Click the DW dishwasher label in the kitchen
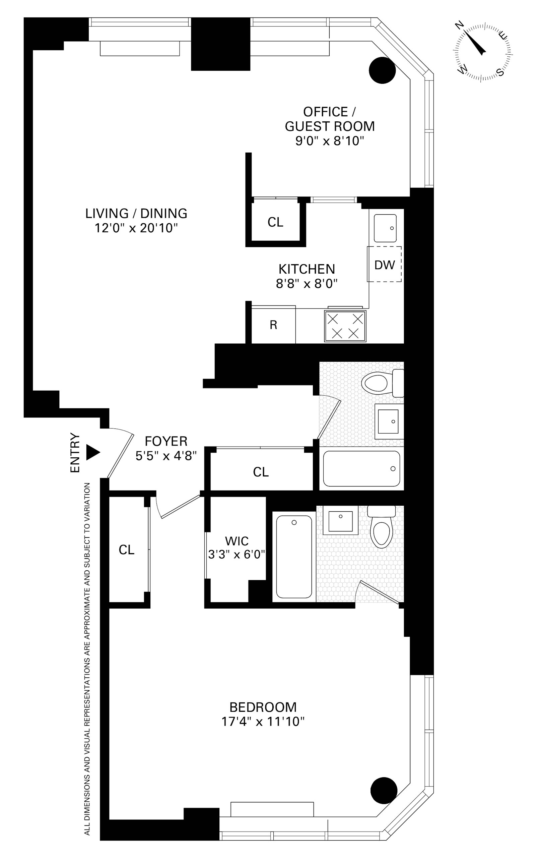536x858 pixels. (384, 265)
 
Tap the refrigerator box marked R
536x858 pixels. (273, 325)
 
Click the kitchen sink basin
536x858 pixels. (385, 228)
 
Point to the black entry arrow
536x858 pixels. (93, 453)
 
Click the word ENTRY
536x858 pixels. (75, 453)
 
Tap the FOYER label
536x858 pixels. (166, 441)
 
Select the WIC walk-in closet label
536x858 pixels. (237, 541)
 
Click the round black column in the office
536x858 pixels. (382, 70)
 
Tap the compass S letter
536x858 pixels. (500, 72)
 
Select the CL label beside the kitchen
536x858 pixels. (275, 222)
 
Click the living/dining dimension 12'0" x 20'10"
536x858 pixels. (136, 228)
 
